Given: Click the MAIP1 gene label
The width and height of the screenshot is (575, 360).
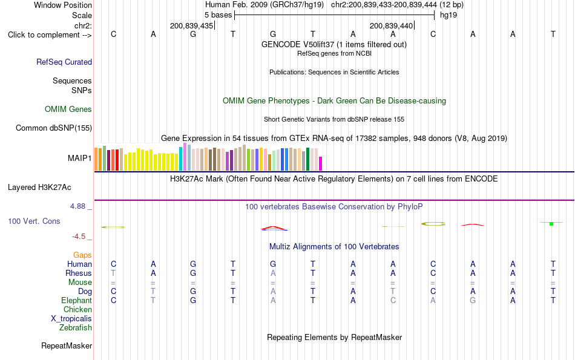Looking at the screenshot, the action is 79,158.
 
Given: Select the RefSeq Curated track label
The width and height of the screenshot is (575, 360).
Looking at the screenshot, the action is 64,62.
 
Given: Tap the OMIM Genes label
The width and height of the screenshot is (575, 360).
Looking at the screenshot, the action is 68,110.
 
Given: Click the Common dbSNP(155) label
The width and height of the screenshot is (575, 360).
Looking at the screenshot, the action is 54,128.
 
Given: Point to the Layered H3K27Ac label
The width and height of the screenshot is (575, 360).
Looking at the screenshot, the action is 39,188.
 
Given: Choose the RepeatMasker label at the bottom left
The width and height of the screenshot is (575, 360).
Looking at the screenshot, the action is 67,345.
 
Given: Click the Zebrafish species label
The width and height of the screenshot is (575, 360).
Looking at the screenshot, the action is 76,327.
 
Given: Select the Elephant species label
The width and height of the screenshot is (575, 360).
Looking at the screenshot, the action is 77,300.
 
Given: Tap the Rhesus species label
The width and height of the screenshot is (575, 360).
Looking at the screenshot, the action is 79,273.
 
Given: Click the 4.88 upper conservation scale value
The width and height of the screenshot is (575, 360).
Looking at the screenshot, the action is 77,206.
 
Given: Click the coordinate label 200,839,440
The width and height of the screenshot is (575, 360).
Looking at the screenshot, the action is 391,25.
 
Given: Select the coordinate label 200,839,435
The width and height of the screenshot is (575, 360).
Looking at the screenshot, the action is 191,25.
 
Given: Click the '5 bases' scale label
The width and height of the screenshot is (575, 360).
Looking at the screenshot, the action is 218,15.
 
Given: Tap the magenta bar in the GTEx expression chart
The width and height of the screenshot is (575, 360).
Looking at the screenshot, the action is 321,163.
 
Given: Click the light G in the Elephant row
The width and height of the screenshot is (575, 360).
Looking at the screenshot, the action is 473,301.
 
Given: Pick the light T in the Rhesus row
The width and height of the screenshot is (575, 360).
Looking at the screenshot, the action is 113,273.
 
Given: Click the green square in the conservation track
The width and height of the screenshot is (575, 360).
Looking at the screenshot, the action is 551,224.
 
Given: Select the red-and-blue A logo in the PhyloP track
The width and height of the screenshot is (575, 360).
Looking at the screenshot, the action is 274,228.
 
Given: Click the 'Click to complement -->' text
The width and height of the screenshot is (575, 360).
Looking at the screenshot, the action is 50,35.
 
